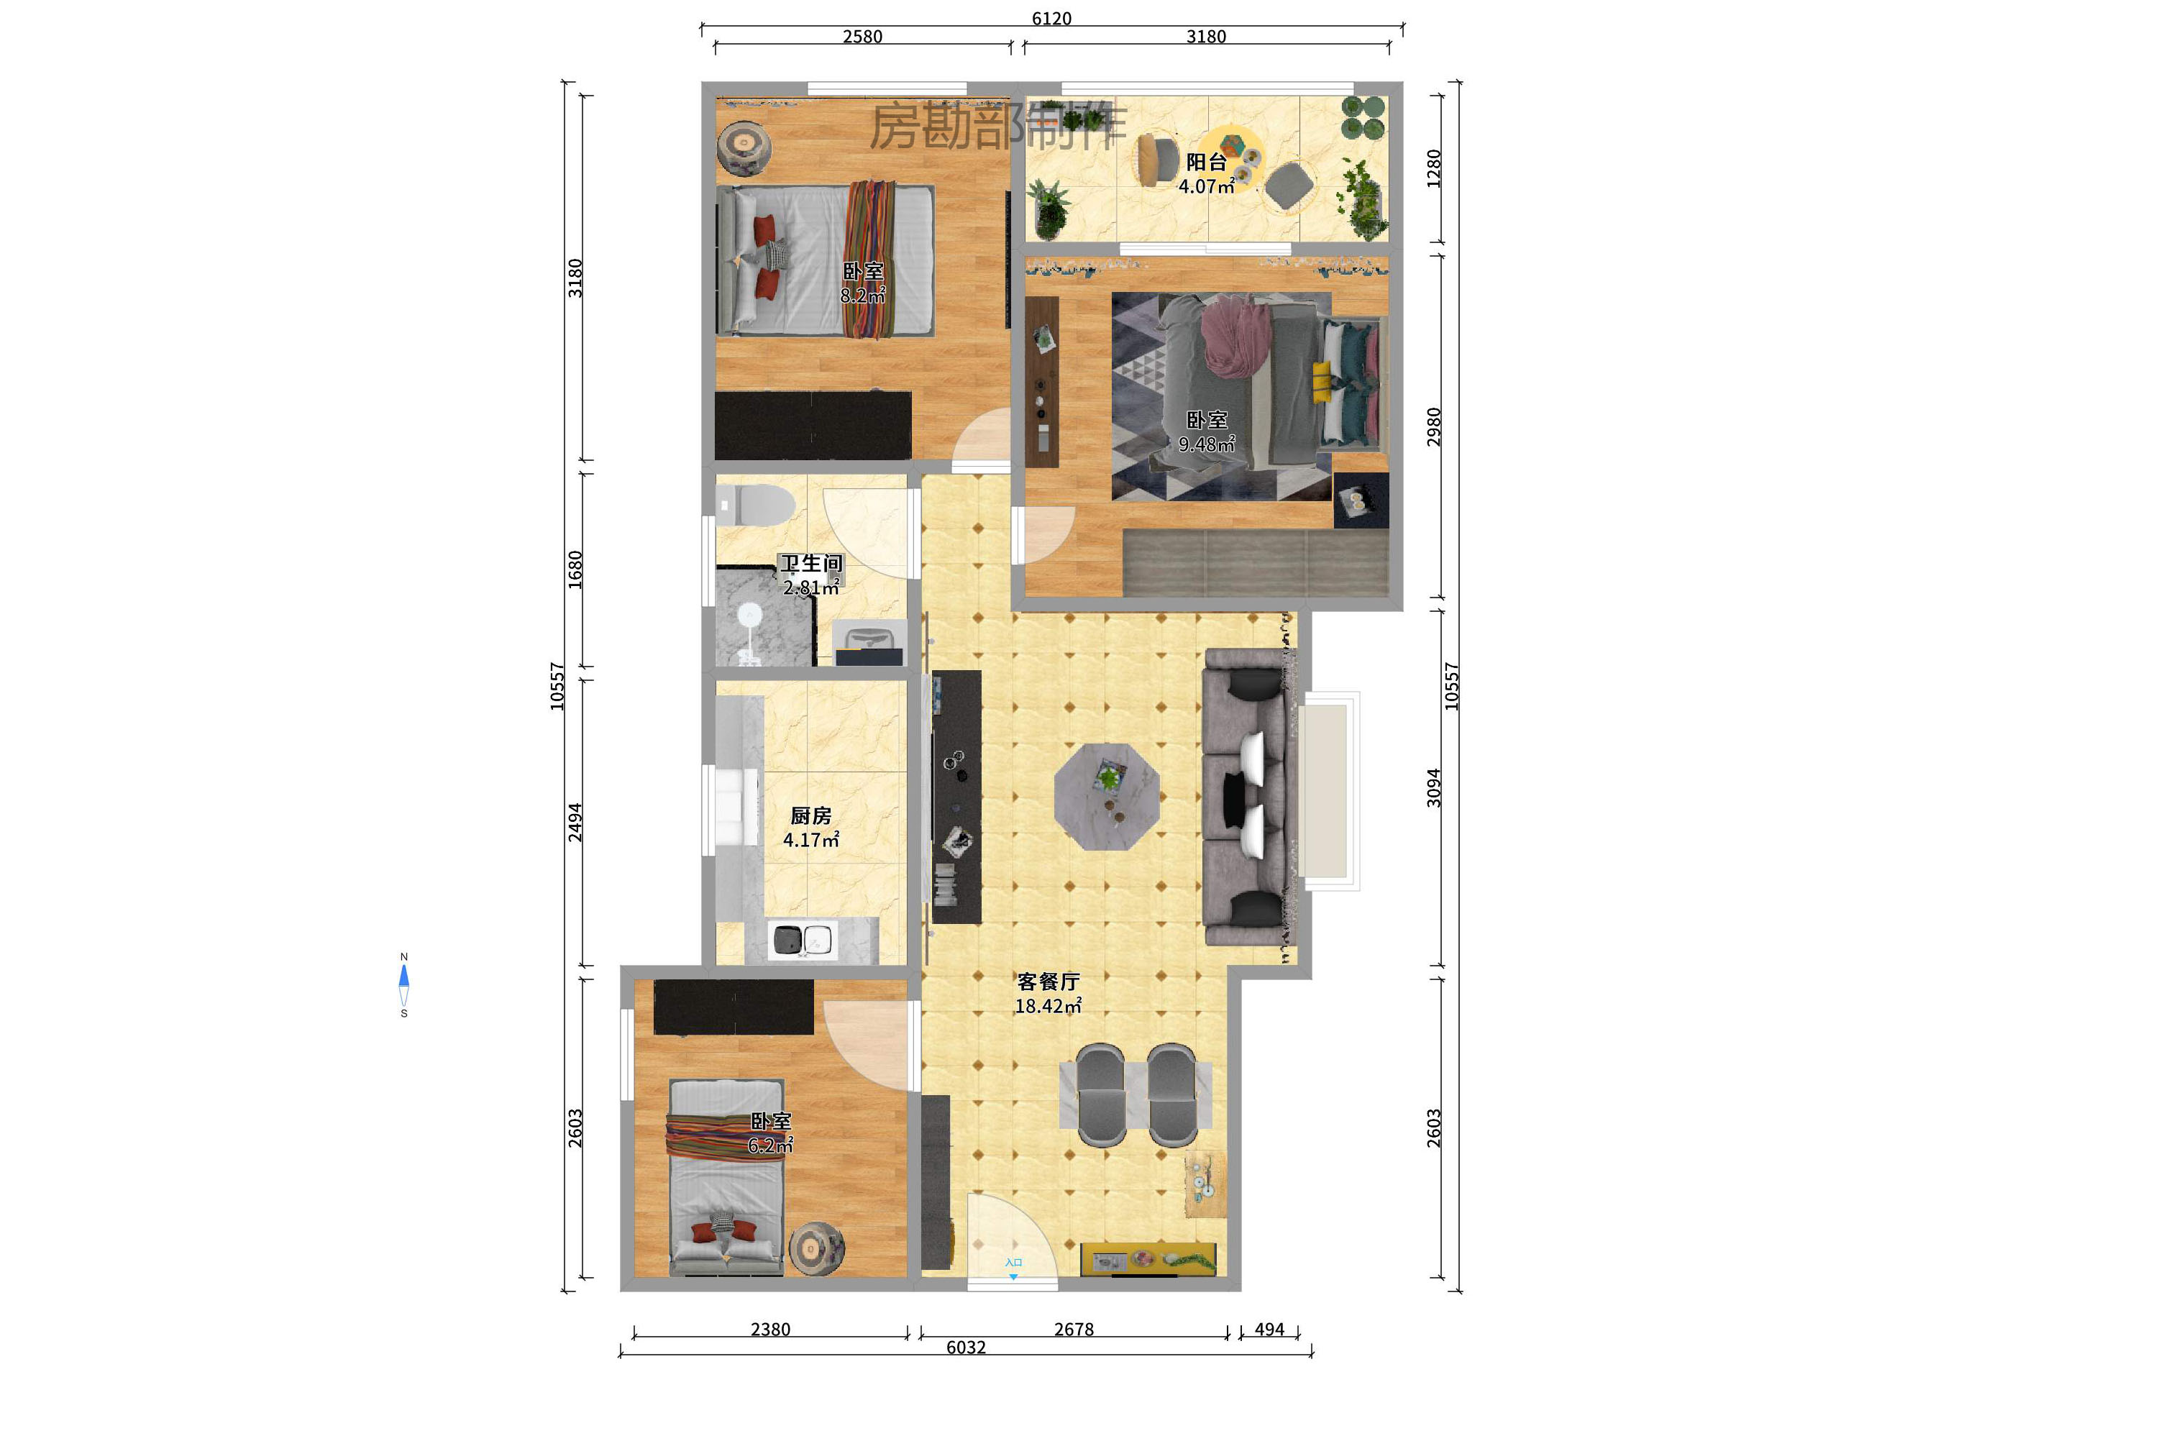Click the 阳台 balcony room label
coord(1205,163)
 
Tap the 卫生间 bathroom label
coord(810,563)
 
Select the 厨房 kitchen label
coord(810,816)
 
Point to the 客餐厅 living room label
coord(1048,982)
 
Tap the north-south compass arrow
coord(403,984)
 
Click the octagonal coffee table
coord(1107,797)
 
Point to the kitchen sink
coord(803,940)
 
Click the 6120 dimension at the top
coord(1051,19)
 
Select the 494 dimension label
coord(1269,1329)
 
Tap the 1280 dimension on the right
coord(1433,168)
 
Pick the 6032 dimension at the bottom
coord(965,1348)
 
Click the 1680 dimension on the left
coord(575,569)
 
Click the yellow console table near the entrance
coord(1148,1259)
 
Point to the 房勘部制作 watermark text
coord(997,127)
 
